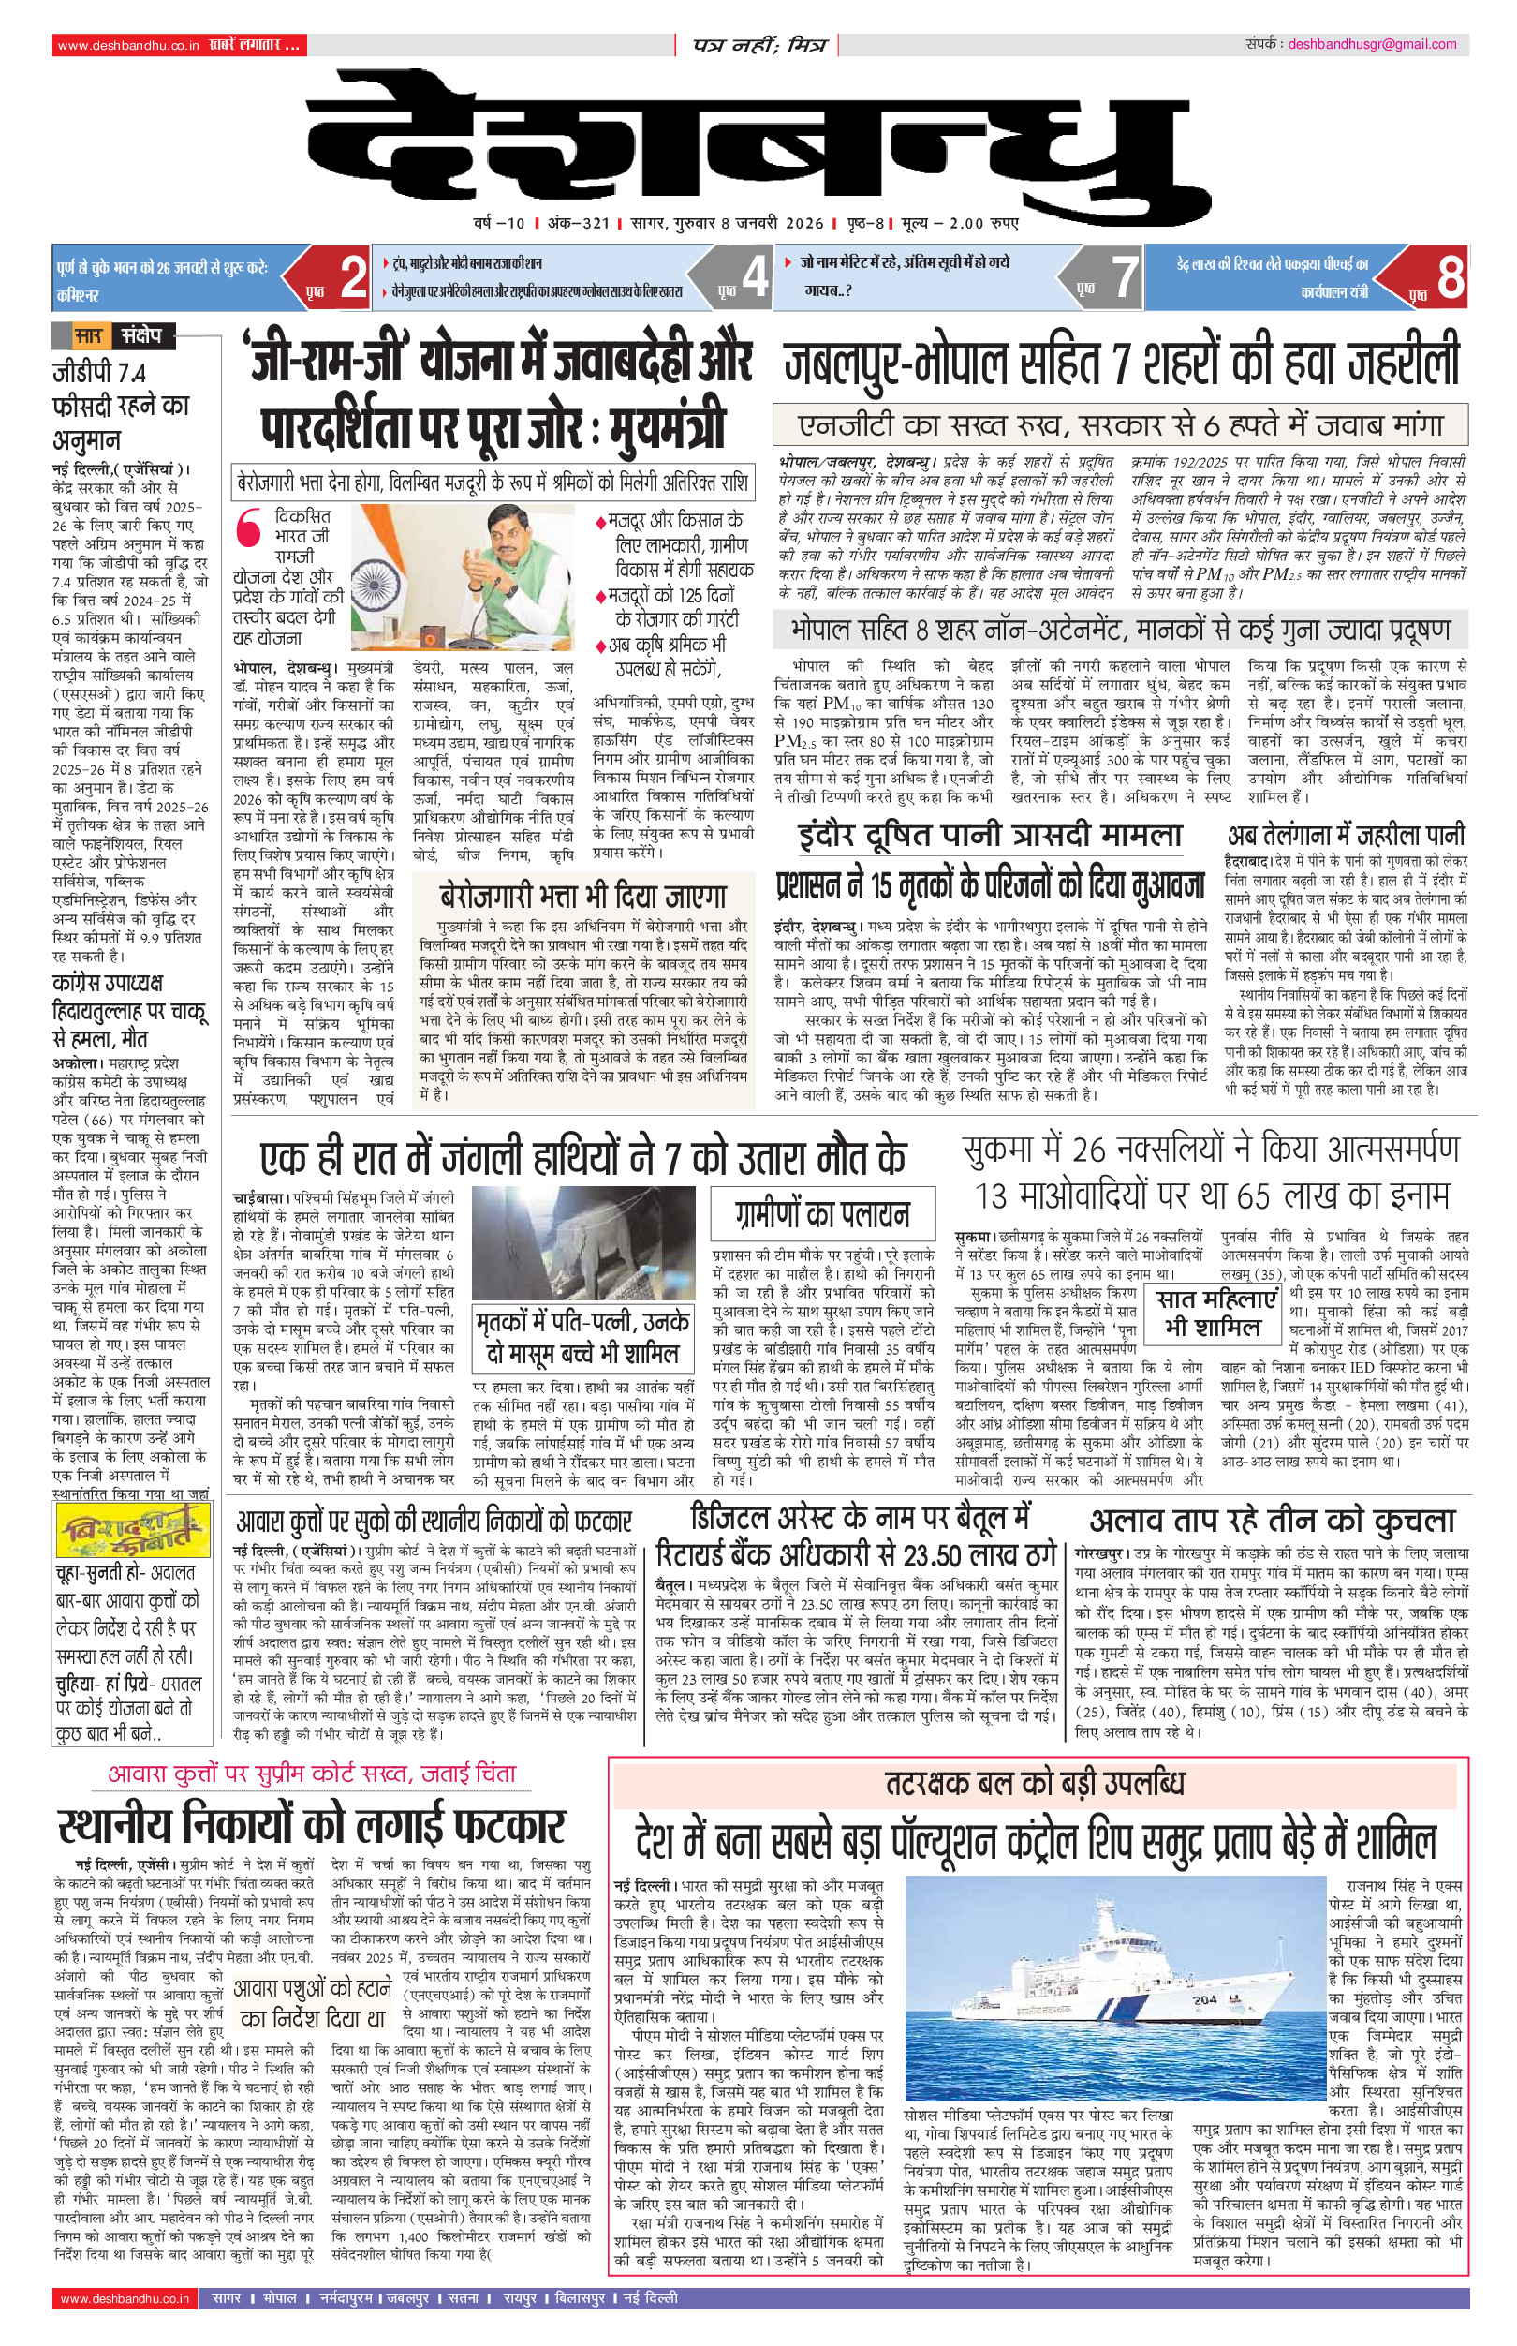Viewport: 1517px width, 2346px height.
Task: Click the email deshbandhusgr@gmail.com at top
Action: point(1371,44)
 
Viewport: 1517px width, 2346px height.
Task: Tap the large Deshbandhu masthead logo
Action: point(758,148)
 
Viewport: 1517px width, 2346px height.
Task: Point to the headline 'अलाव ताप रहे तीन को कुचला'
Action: point(1272,1522)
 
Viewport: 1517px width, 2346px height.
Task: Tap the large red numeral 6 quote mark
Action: point(249,527)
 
